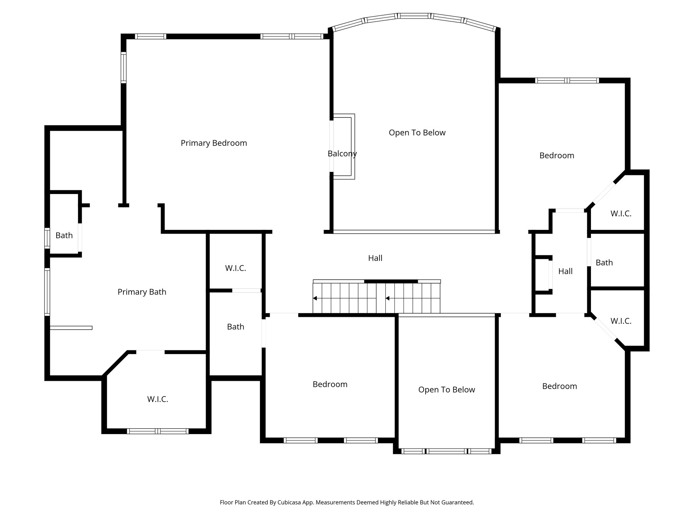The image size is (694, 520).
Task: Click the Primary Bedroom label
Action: [x=213, y=143]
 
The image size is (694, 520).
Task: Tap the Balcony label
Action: [x=342, y=154]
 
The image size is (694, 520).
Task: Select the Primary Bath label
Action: [x=142, y=292]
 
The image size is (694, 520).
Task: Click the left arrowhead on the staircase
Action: [x=315, y=298]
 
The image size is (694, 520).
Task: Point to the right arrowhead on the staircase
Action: [x=388, y=298]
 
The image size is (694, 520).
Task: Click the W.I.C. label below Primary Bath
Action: [x=158, y=399]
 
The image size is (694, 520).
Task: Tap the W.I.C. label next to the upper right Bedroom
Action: [x=621, y=214]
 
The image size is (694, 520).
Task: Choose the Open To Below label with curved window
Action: [x=417, y=133]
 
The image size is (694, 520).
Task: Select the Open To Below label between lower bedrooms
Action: [x=446, y=390]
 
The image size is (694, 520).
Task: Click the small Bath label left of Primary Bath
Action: [x=64, y=235]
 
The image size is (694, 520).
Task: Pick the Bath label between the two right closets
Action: [x=604, y=263]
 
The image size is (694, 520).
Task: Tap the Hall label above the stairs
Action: [x=375, y=258]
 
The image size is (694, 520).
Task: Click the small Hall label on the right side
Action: [x=565, y=271]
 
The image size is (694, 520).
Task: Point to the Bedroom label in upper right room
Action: [x=556, y=155]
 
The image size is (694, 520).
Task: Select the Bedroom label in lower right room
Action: [x=559, y=386]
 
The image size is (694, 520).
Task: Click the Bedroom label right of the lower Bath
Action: [x=330, y=384]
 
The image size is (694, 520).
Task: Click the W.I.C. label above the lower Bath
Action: [x=236, y=268]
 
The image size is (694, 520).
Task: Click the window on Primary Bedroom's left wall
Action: [x=124, y=67]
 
